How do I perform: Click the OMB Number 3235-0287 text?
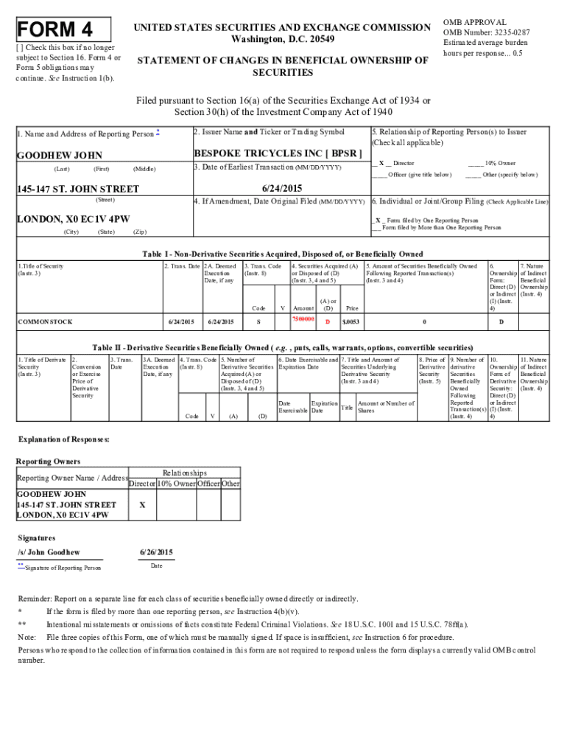coord(486,32)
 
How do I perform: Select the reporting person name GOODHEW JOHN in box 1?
coord(60,156)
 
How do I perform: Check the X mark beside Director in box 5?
coord(381,163)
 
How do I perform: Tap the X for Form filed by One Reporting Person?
coord(378,220)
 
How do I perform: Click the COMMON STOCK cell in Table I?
coord(44,321)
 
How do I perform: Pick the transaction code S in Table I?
coord(258,321)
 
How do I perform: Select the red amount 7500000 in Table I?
coord(303,319)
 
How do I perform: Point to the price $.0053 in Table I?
coord(351,321)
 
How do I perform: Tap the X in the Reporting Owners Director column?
coord(141,504)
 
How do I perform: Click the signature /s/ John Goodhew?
coord(49,552)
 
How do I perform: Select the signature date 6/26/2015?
coord(155,552)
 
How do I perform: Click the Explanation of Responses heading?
coord(63,439)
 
